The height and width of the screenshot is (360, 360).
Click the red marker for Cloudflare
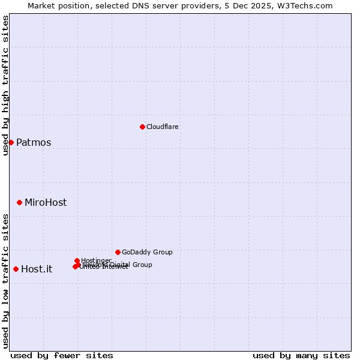[x=142, y=127]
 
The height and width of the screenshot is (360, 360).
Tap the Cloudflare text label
[x=162, y=127]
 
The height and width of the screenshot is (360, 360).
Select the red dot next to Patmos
[x=11, y=142]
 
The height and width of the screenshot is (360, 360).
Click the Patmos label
[x=34, y=143]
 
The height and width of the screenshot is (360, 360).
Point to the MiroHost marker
[x=19, y=203]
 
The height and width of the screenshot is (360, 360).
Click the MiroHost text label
[x=46, y=203]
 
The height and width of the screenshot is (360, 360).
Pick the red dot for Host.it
[x=16, y=269]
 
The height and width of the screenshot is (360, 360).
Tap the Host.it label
[x=37, y=269]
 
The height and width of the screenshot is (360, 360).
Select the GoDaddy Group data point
[x=118, y=252]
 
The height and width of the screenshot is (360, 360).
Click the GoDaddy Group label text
[x=147, y=252]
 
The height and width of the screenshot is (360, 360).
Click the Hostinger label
[x=96, y=260]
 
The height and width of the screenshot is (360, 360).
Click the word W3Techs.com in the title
[x=305, y=5]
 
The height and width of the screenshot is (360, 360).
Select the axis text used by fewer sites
[x=62, y=355]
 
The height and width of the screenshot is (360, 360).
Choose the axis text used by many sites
[x=301, y=355]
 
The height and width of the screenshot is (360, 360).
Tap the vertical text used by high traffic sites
[x=5, y=85]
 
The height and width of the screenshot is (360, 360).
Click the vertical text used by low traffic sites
[x=5, y=281]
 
